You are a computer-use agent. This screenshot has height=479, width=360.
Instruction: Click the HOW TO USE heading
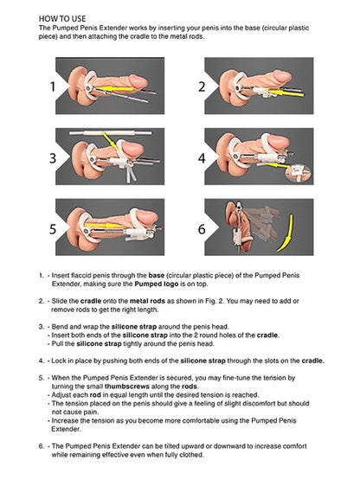[x=62, y=19]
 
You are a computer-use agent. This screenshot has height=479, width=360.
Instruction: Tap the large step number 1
[x=53, y=86]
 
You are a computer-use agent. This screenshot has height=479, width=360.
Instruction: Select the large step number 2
[x=202, y=86]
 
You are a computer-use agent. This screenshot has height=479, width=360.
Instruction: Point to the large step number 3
[x=53, y=158]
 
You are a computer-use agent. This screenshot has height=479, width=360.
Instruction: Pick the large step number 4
[x=202, y=158]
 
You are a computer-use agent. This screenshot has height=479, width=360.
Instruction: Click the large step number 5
[x=53, y=229]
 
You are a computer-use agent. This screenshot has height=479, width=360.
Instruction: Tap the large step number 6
[x=202, y=229]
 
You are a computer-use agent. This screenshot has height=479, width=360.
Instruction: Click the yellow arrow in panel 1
[x=114, y=89]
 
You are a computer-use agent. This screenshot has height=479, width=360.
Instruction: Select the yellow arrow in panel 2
[x=286, y=93]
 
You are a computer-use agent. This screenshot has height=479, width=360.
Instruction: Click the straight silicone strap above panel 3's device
[x=111, y=133]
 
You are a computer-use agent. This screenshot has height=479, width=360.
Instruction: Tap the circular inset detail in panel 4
[x=299, y=173]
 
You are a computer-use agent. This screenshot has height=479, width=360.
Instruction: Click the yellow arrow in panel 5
[x=105, y=225]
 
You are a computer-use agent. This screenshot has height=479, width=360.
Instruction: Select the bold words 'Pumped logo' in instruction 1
[x=157, y=284]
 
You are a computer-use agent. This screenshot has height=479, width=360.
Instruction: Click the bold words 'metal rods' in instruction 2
[x=147, y=301]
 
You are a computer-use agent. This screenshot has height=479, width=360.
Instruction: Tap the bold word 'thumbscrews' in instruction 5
[x=127, y=386]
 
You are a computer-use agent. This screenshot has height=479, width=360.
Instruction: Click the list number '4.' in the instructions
[x=42, y=361]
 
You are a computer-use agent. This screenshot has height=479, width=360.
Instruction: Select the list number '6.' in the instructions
[x=42, y=446]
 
